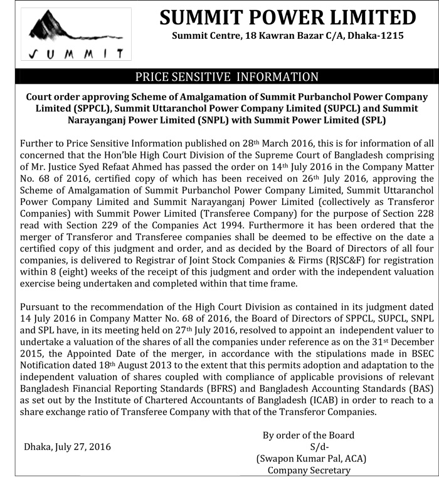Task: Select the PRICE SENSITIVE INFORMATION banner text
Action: click(x=228, y=77)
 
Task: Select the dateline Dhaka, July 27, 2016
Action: click(x=68, y=447)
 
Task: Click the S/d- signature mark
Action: click(x=320, y=447)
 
